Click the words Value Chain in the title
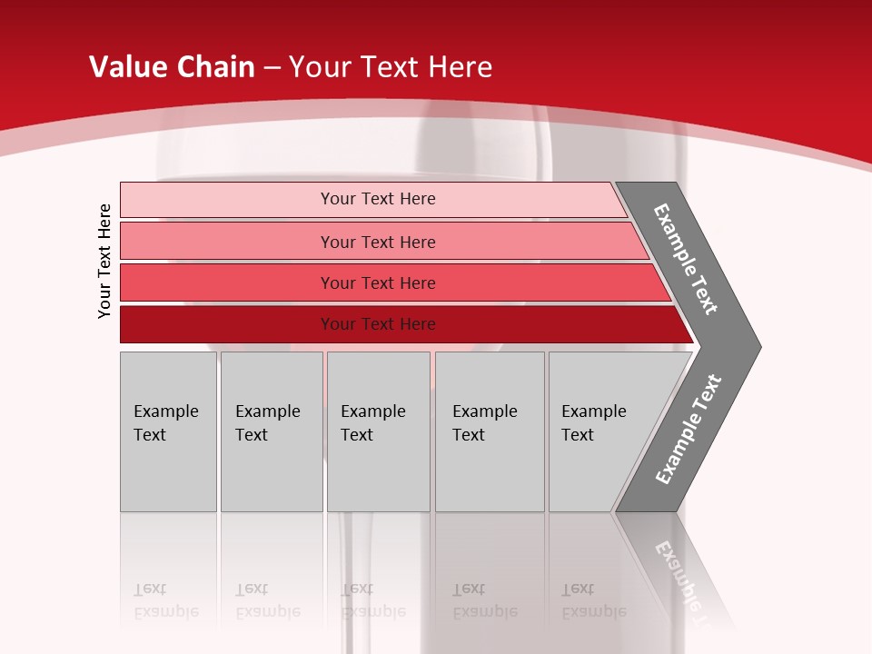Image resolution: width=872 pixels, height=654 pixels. pyautogui.click(x=172, y=67)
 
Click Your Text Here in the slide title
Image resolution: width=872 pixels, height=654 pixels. pyautogui.click(x=391, y=67)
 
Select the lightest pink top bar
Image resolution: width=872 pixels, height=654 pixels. pyautogui.click(x=227, y=200)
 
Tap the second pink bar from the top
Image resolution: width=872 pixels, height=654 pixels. pyautogui.click(x=227, y=242)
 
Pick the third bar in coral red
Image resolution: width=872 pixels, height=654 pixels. pyautogui.click(x=227, y=282)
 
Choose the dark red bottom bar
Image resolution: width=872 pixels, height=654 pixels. pyautogui.click(x=227, y=324)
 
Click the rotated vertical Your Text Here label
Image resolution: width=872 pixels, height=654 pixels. pyautogui.click(x=104, y=261)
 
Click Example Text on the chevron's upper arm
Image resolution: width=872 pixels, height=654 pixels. pyautogui.click(x=686, y=259)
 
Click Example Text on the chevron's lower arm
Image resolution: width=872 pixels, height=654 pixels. pyautogui.click(x=688, y=430)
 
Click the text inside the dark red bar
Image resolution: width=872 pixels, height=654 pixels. pyautogui.click(x=378, y=324)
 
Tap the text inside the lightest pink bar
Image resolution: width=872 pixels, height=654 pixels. pyautogui.click(x=378, y=199)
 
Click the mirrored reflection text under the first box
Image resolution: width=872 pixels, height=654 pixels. pyautogui.click(x=165, y=600)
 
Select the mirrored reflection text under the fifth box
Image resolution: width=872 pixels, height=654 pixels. pyautogui.click(x=594, y=600)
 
